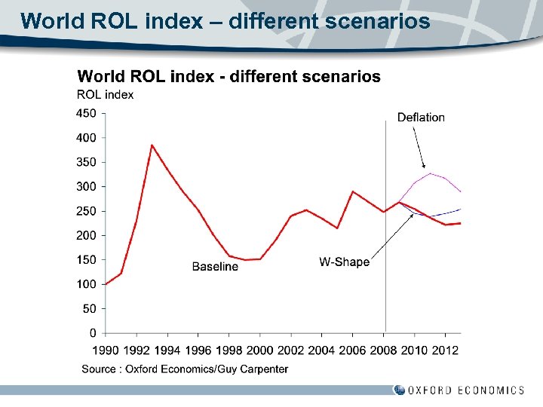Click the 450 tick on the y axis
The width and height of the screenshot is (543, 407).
(87, 114)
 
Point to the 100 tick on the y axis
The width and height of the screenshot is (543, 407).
(87, 284)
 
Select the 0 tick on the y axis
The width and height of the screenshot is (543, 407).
(93, 333)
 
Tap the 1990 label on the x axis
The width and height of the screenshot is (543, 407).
(105, 350)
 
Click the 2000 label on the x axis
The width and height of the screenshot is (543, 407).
(259, 350)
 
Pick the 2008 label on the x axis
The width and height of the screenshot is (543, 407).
(383, 350)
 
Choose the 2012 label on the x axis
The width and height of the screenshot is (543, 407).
(445, 350)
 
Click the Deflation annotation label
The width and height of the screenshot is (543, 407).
(421, 118)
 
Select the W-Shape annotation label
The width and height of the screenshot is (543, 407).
(344, 262)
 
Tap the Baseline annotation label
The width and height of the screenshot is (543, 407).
(215, 267)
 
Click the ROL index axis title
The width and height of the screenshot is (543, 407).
(106, 95)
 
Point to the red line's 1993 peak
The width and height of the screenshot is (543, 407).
(152, 145)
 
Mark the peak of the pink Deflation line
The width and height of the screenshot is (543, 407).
(430, 173)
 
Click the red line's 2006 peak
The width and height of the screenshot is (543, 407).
(352, 191)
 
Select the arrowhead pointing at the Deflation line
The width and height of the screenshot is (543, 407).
(424, 166)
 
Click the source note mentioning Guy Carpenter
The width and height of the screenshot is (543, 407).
(185, 369)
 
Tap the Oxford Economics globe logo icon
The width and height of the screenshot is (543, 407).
(399, 390)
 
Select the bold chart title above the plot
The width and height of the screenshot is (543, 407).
(229, 77)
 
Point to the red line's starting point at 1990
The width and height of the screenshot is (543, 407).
(106, 284)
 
